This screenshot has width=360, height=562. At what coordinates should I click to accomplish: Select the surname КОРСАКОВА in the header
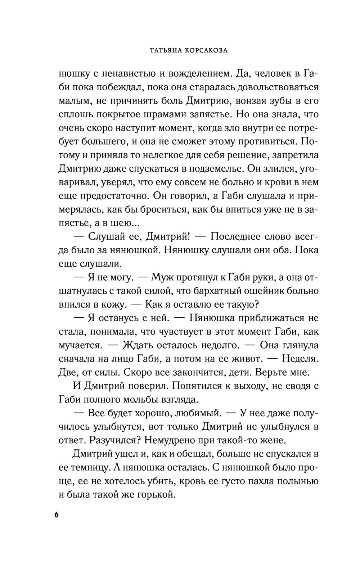point(209,51)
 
